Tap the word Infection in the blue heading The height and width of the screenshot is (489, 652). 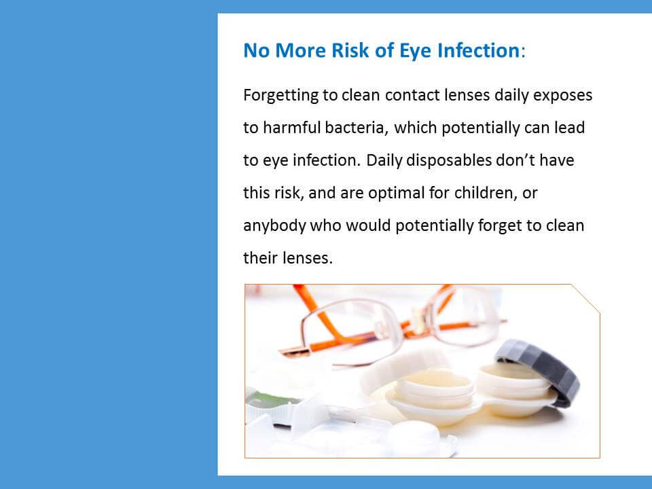[479, 50]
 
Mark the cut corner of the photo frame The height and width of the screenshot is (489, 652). [585, 299]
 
